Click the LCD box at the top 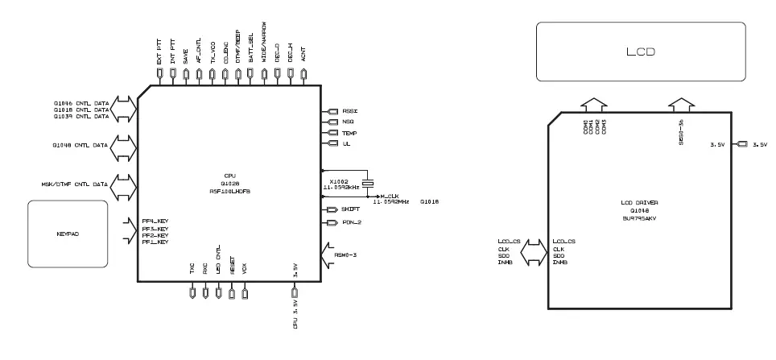click(641, 52)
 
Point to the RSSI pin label click(349, 111)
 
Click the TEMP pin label click(349, 133)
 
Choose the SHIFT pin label click(352, 209)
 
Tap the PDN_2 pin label click(352, 222)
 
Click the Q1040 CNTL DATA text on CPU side click(79, 146)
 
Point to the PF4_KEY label click(155, 221)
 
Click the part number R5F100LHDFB click(229, 192)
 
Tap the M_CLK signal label click(390, 196)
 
